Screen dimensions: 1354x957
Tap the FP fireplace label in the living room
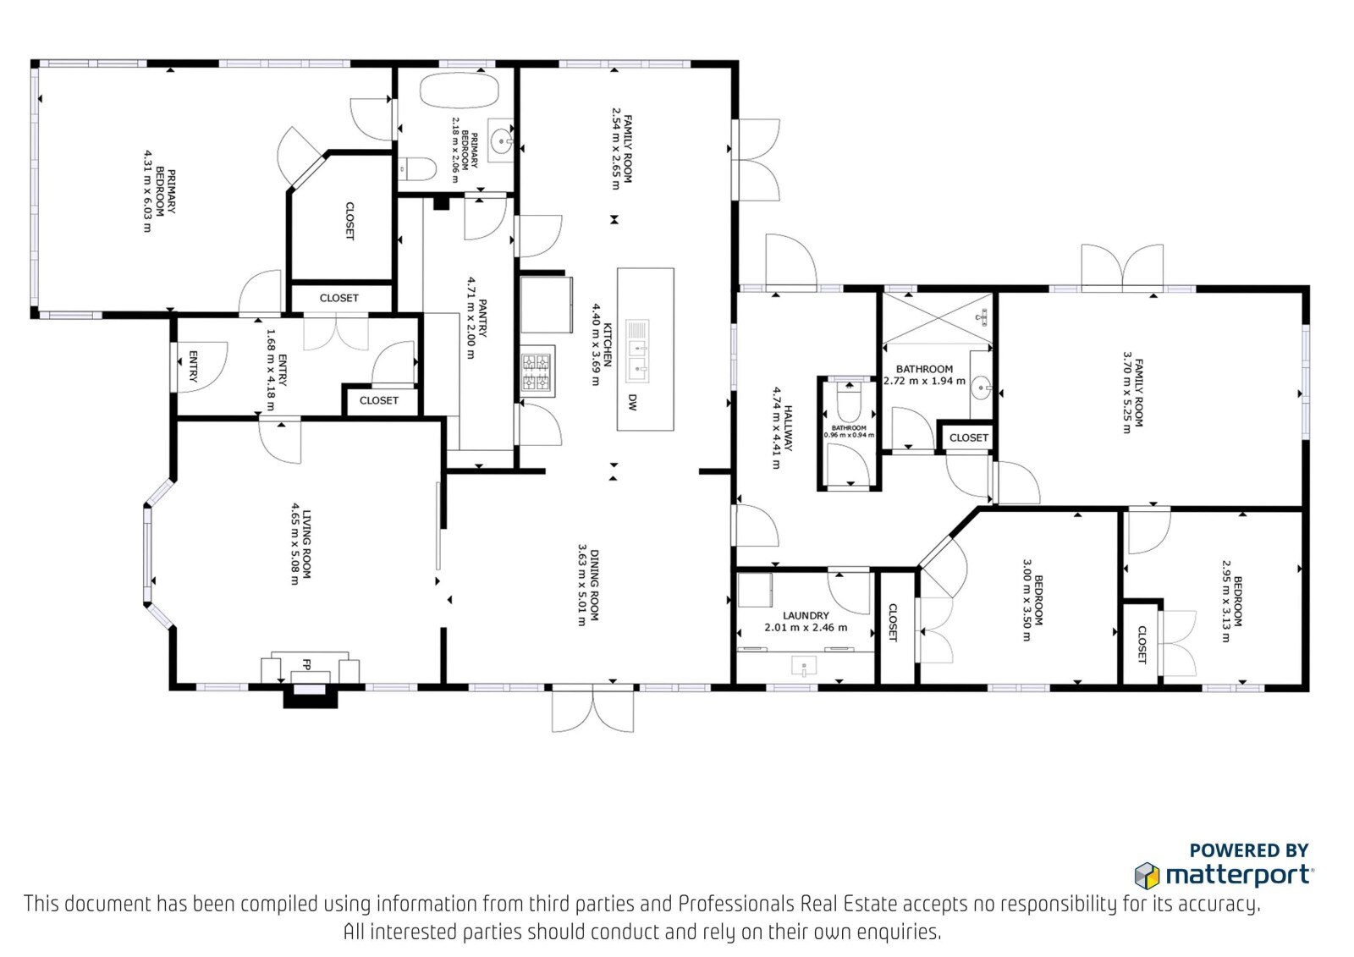pyautogui.click(x=306, y=664)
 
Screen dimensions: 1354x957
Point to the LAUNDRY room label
pyautogui.click(x=805, y=615)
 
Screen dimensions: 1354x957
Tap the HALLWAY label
pyautogui.click(x=788, y=428)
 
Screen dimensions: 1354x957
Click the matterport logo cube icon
pyautogui.click(x=1147, y=876)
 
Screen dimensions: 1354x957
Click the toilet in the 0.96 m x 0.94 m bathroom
pyautogui.click(x=850, y=401)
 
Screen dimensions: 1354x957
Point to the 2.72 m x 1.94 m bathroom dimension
pyautogui.click(x=924, y=381)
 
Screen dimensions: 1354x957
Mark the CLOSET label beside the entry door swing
pyautogui.click(x=379, y=400)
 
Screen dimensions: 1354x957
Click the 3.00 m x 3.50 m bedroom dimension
pyautogui.click(x=1027, y=600)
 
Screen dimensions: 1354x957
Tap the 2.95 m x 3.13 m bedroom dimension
pyautogui.click(x=1226, y=601)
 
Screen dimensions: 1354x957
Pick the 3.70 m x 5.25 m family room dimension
pyautogui.click(x=1126, y=393)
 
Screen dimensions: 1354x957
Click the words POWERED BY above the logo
pyautogui.click(x=1249, y=850)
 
